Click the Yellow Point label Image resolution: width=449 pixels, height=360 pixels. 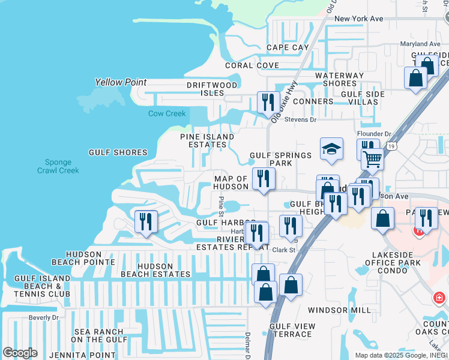pyautogui.click(x=121, y=82)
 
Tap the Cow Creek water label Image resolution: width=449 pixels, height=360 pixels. pyautogui.click(x=167, y=114)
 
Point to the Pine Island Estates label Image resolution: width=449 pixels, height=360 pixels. pyautogui.click(x=208, y=140)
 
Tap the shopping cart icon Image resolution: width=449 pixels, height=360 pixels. pyautogui.click(x=373, y=160)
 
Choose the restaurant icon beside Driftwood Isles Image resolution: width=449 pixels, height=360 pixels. pyautogui.click(x=268, y=102)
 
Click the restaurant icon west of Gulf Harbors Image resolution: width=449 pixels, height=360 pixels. pyautogui.click(x=146, y=221)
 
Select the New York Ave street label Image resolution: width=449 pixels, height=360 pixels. pyautogui.click(x=358, y=19)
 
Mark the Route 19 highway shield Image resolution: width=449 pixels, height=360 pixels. pyautogui.click(x=391, y=145)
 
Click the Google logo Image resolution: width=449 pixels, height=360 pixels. pyautogui.click(x=20, y=353)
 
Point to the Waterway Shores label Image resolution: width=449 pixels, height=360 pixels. pyautogui.click(x=340, y=79)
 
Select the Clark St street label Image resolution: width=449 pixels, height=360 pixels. pyautogui.click(x=285, y=250)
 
